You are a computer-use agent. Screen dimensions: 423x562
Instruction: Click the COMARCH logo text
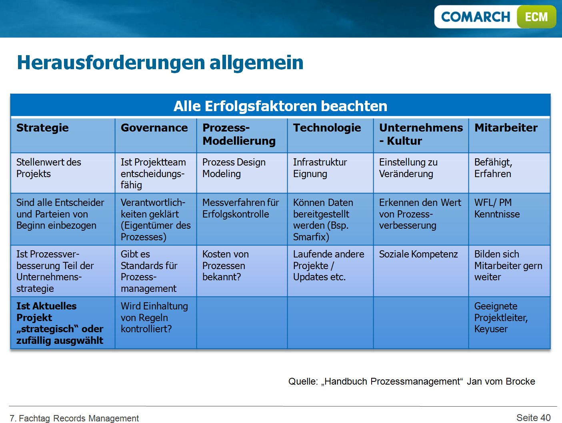click(475, 17)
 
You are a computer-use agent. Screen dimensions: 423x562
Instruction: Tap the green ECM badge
click(536, 17)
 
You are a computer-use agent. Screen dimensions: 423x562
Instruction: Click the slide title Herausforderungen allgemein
click(160, 62)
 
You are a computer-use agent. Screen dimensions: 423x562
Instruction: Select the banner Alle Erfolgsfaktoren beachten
click(280, 106)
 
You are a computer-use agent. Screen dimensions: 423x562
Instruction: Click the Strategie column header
click(42, 128)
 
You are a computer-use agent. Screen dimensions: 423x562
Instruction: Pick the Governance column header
click(154, 128)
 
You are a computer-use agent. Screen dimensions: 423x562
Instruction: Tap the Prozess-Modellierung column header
click(239, 134)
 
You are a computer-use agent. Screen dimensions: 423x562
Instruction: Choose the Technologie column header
click(327, 128)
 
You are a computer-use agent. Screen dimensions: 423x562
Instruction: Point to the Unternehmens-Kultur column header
click(420, 134)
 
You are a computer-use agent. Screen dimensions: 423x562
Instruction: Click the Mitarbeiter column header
click(506, 128)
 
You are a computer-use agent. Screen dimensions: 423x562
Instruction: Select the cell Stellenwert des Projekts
click(48, 168)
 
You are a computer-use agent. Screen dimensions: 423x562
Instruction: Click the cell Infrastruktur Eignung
click(320, 168)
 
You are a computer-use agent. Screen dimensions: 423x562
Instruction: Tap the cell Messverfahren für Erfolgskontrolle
click(240, 208)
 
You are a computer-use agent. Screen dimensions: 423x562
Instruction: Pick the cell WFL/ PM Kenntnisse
click(497, 208)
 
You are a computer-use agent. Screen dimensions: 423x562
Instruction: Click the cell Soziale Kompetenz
click(418, 254)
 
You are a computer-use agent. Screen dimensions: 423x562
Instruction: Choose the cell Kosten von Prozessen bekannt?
click(225, 265)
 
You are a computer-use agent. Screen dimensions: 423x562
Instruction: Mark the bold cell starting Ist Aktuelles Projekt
click(60, 323)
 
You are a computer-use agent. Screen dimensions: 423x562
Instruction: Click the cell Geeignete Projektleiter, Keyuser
click(501, 317)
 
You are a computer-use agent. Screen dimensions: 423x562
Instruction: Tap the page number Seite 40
click(533, 418)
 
